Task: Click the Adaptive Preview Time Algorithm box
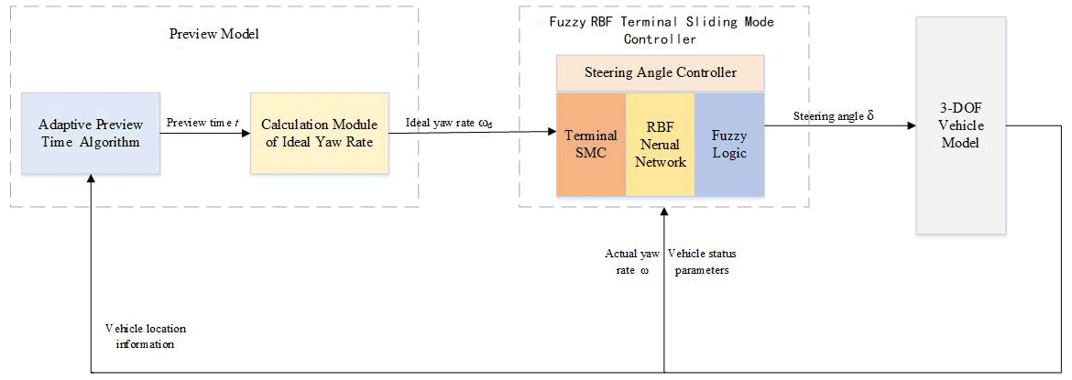(91, 133)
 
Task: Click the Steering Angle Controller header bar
(660, 71)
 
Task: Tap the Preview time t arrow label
(202, 123)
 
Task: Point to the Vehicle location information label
(141, 335)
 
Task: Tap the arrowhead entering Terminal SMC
(552, 134)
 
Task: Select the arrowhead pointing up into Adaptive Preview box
(91, 181)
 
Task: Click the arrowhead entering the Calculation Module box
(245, 134)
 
